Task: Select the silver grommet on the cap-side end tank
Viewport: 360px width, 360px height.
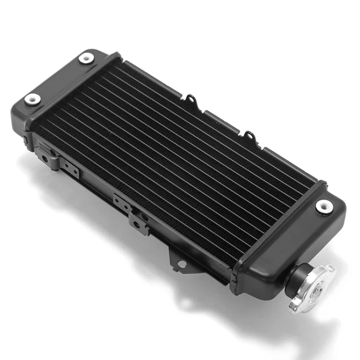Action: tap(323, 206)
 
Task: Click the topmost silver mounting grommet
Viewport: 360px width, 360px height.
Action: tap(86, 58)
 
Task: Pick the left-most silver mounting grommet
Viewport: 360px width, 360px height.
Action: tap(32, 99)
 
